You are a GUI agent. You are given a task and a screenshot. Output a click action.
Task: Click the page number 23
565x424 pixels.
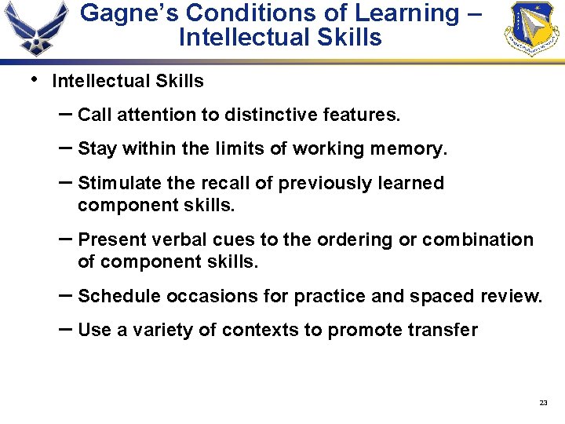click(544, 403)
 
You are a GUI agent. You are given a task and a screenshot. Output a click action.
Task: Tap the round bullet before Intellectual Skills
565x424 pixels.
click(33, 79)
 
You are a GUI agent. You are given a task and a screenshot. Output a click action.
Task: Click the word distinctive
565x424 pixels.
click(272, 115)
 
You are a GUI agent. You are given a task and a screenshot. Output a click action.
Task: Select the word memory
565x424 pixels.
click(408, 149)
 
